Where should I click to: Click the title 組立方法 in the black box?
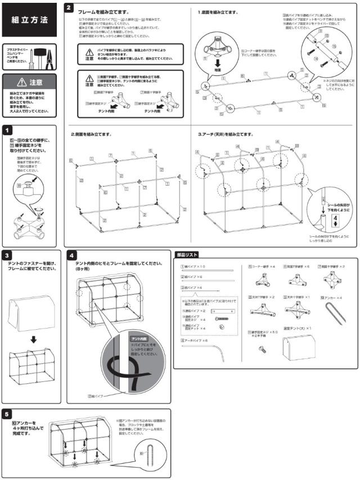[29, 19]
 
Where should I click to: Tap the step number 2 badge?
[68, 8]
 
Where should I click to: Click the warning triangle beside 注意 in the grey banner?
[21, 82]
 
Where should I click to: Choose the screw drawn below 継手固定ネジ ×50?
[262, 349]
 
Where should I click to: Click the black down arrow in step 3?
[33, 339]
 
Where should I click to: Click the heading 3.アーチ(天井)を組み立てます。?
[226, 134]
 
